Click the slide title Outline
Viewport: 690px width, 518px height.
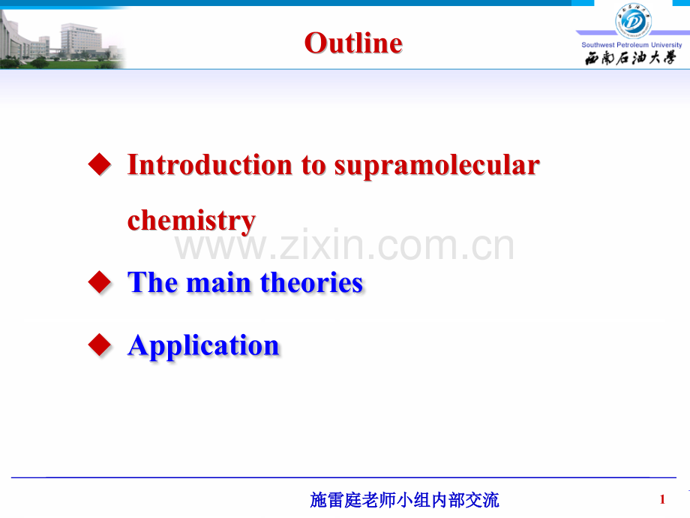pos(353,44)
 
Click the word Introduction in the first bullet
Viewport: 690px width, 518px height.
pos(210,164)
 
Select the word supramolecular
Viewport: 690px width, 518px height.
pos(437,167)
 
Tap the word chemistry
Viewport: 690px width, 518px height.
pos(191,221)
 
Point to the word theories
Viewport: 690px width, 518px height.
pos(311,282)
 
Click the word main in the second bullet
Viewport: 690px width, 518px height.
pos(219,283)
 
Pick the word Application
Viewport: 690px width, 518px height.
pos(203,346)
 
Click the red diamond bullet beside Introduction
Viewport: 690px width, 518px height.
pos(100,164)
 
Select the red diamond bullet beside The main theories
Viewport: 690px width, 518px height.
pos(100,282)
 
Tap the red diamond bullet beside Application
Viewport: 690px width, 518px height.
pos(100,345)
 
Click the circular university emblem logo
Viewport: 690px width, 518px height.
pos(633,21)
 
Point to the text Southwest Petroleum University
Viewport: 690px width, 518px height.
pos(631,45)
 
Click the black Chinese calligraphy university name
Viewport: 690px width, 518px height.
pos(630,58)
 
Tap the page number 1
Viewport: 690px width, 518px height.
pos(662,499)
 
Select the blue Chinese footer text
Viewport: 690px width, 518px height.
pos(404,500)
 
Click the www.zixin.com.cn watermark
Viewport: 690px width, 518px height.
pos(344,245)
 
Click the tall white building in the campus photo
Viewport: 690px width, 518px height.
pos(80,40)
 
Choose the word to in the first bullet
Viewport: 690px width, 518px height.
pos(313,166)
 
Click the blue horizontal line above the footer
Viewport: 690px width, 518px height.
pos(343,477)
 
